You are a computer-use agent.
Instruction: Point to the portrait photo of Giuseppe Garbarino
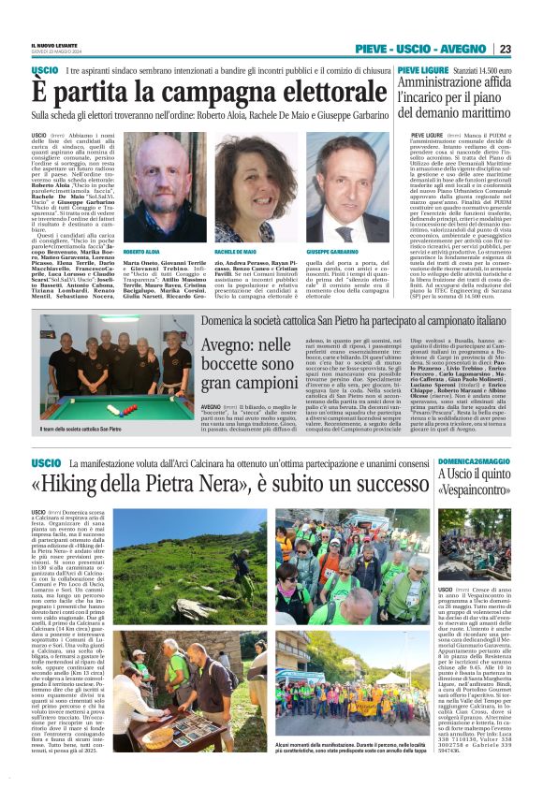coord(346,175)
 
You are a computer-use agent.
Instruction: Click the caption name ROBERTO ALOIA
coord(141,226)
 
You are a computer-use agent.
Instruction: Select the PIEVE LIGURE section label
coord(419,70)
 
